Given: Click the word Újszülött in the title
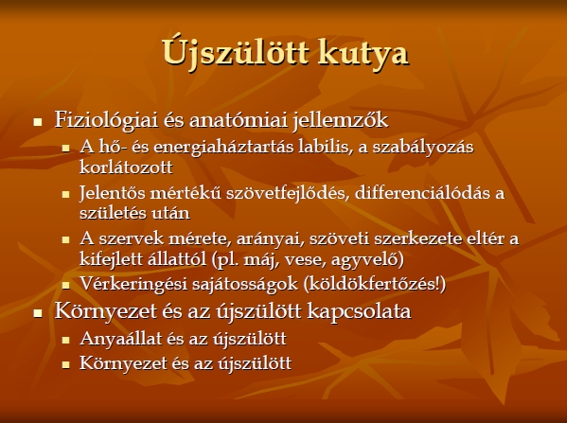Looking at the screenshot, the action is [235, 52].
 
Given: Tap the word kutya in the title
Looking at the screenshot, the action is [363, 54].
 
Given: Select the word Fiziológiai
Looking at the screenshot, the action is [106, 120].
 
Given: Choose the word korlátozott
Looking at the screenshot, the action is [126, 167].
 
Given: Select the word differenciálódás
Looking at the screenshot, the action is [423, 192].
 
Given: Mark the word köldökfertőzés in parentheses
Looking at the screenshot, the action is [372, 284].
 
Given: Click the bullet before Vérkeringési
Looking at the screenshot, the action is [65, 286].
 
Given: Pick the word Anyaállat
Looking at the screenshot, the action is [121, 339].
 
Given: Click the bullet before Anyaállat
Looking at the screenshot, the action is [65, 341].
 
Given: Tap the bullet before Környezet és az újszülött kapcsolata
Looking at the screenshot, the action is [38, 312].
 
